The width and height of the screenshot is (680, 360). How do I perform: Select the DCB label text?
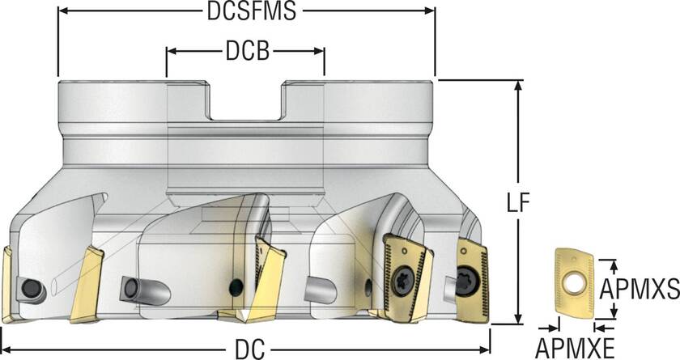[x=246, y=51]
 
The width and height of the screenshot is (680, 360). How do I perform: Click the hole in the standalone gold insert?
[x=576, y=282]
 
